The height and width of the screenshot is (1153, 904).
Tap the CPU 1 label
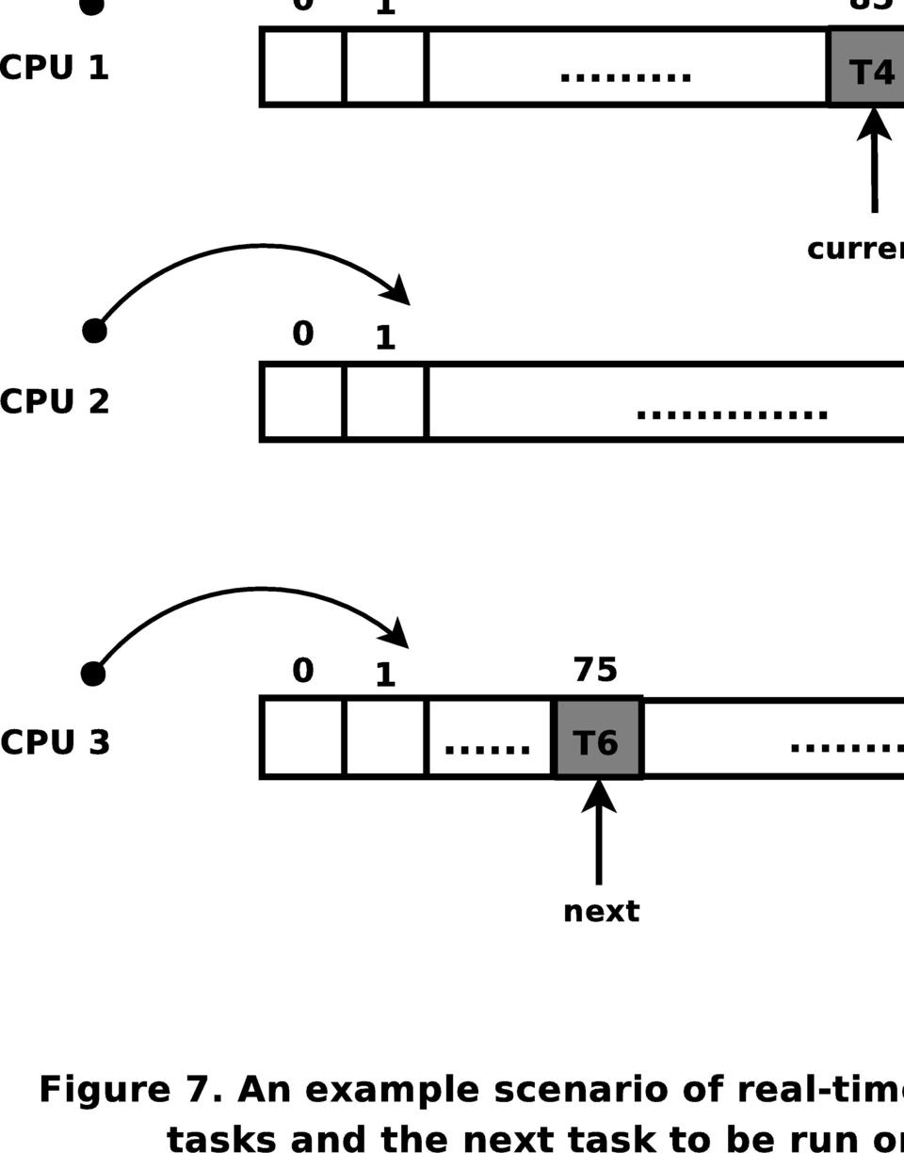tap(55, 68)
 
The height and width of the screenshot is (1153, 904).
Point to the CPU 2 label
tap(55, 401)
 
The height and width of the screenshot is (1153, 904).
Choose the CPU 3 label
tap(56, 742)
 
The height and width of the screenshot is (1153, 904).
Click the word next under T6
tap(601, 912)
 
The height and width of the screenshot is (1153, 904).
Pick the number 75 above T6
tap(595, 670)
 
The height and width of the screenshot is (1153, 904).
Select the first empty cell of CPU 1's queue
tap(303, 67)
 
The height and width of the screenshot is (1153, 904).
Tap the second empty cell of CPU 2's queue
tap(386, 402)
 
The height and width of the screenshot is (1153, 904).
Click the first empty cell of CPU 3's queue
tap(303, 738)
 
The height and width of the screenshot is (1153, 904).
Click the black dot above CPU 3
tap(93, 674)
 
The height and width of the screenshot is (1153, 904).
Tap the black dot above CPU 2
tap(94, 331)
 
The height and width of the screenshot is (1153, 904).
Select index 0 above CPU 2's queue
tap(302, 333)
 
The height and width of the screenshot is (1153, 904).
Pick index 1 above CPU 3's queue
tap(385, 675)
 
